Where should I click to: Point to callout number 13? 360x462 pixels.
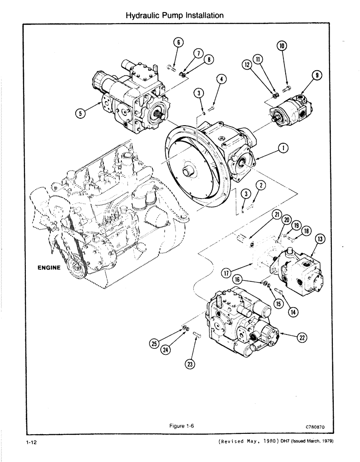tap(319, 238)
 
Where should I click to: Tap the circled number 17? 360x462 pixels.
tap(226, 273)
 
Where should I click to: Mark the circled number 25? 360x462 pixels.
tap(154, 342)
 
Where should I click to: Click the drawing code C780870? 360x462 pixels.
tap(316, 428)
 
